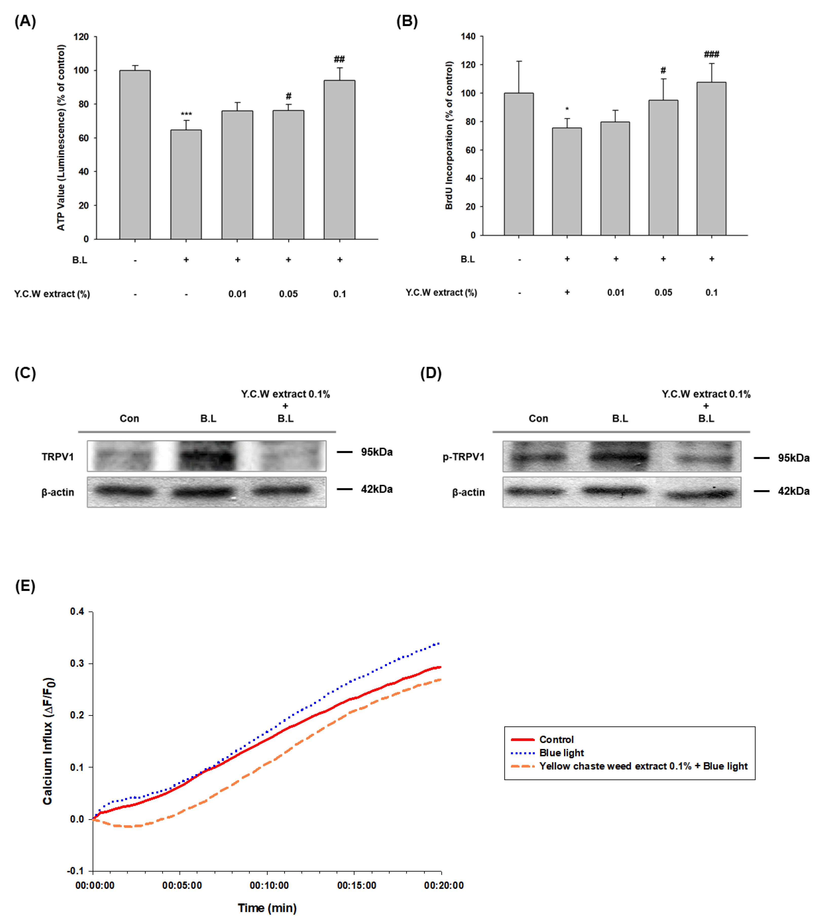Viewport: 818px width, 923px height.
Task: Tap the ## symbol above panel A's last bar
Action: click(339, 59)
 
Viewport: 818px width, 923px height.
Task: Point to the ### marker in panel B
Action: click(711, 54)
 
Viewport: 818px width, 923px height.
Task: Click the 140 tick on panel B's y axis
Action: click(468, 36)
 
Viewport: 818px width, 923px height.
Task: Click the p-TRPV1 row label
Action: click(464, 457)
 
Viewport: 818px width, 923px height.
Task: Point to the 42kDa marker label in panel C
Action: click(377, 489)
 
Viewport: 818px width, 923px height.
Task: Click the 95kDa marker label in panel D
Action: click(793, 458)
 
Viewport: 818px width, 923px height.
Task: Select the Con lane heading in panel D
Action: click(538, 419)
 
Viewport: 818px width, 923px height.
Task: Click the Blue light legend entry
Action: click(561, 753)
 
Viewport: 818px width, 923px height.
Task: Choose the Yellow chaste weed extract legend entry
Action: click(643, 766)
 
